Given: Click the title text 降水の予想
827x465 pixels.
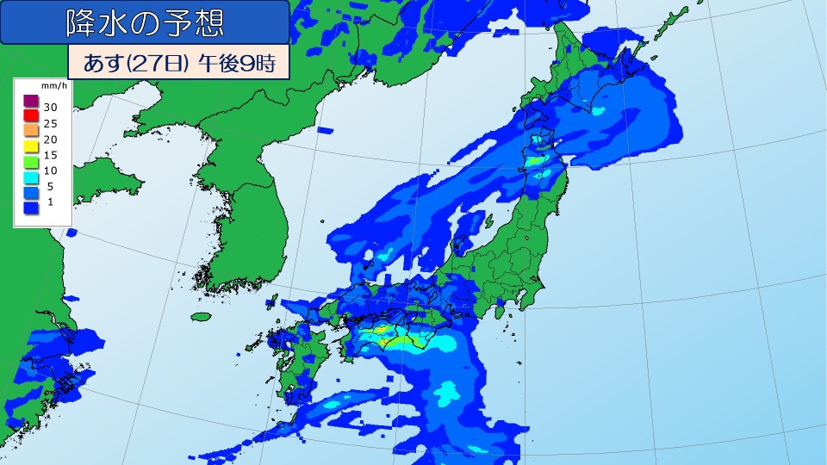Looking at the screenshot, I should tap(145, 23).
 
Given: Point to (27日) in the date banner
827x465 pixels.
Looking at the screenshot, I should tap(157, 64).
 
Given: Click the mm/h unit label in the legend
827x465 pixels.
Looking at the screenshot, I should tap(47, 87).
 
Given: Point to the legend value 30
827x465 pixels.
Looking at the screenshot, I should tap(50, 107).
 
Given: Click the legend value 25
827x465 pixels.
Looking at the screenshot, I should tap(50, 122).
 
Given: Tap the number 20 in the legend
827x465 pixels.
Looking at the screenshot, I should tap(50, 139).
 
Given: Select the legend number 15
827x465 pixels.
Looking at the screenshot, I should tap(50, 154).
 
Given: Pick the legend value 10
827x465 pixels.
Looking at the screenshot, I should tap(50, 170).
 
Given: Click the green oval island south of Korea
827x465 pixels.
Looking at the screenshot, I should tap(201, 317).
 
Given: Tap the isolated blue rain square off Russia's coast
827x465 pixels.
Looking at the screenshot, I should tap(325, 130).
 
